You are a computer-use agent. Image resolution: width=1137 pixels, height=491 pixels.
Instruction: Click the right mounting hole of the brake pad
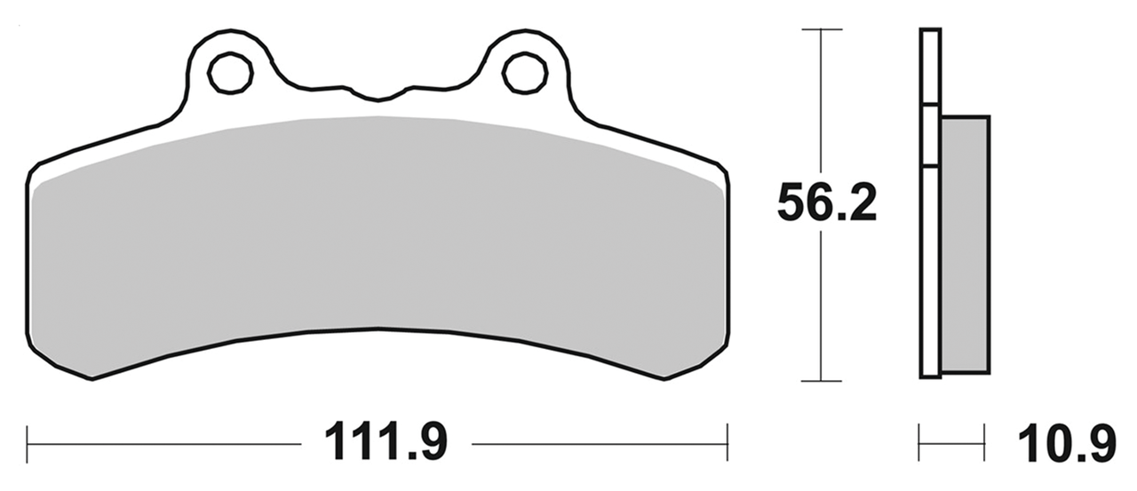tap(524, 73)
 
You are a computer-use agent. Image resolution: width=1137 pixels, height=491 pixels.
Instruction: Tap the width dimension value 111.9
tap(386, 441)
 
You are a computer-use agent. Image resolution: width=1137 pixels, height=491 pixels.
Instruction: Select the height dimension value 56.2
tap(827, 204)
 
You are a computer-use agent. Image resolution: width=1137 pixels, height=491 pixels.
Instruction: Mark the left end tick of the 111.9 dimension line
tap(28, 436)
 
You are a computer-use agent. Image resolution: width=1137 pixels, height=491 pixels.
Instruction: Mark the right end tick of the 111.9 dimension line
tap(728, 436)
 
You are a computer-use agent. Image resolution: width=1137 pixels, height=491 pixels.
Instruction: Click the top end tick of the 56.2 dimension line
tap(822, 29)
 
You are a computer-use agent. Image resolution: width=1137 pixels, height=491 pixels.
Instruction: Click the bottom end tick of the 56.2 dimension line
tap(822, 381)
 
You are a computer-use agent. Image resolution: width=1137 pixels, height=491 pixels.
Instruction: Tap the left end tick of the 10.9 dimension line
tap(919, 436)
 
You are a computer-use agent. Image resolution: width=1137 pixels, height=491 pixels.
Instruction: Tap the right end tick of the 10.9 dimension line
tap(985, 436)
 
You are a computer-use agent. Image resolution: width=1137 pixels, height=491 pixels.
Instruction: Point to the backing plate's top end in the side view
tap(929, 32)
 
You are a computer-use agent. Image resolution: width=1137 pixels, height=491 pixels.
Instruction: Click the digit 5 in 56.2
tap(792, 204)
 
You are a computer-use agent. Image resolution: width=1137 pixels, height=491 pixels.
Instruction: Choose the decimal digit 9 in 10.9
tap(1100, 441)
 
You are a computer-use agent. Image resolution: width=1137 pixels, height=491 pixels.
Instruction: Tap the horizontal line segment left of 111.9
tap(164, 442)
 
